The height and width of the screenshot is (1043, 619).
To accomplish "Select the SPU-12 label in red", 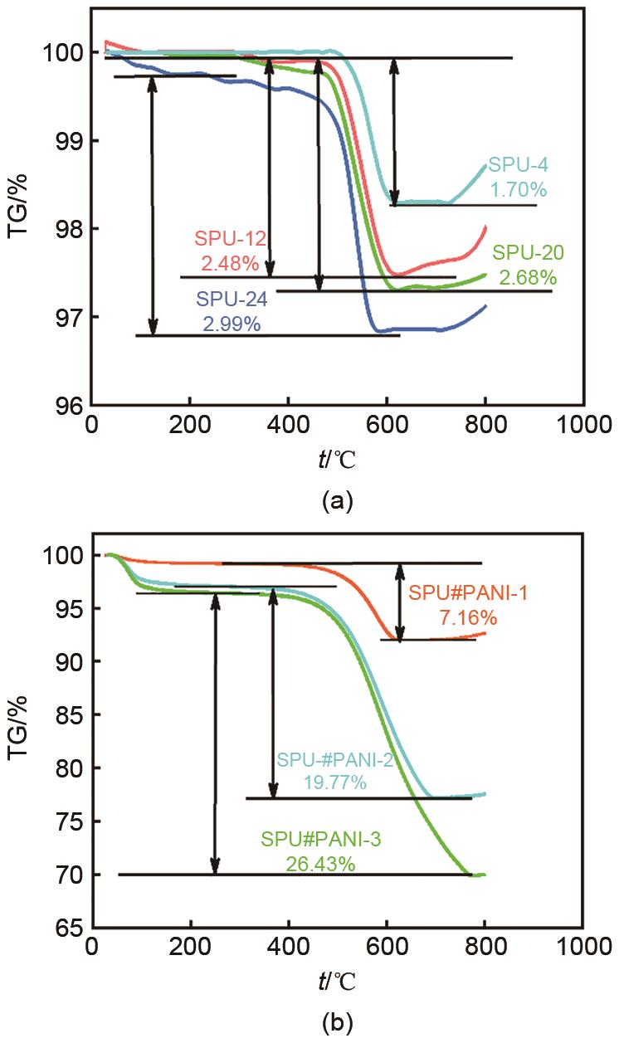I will (230, 240).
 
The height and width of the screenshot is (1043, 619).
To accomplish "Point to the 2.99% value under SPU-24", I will (232, 324).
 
